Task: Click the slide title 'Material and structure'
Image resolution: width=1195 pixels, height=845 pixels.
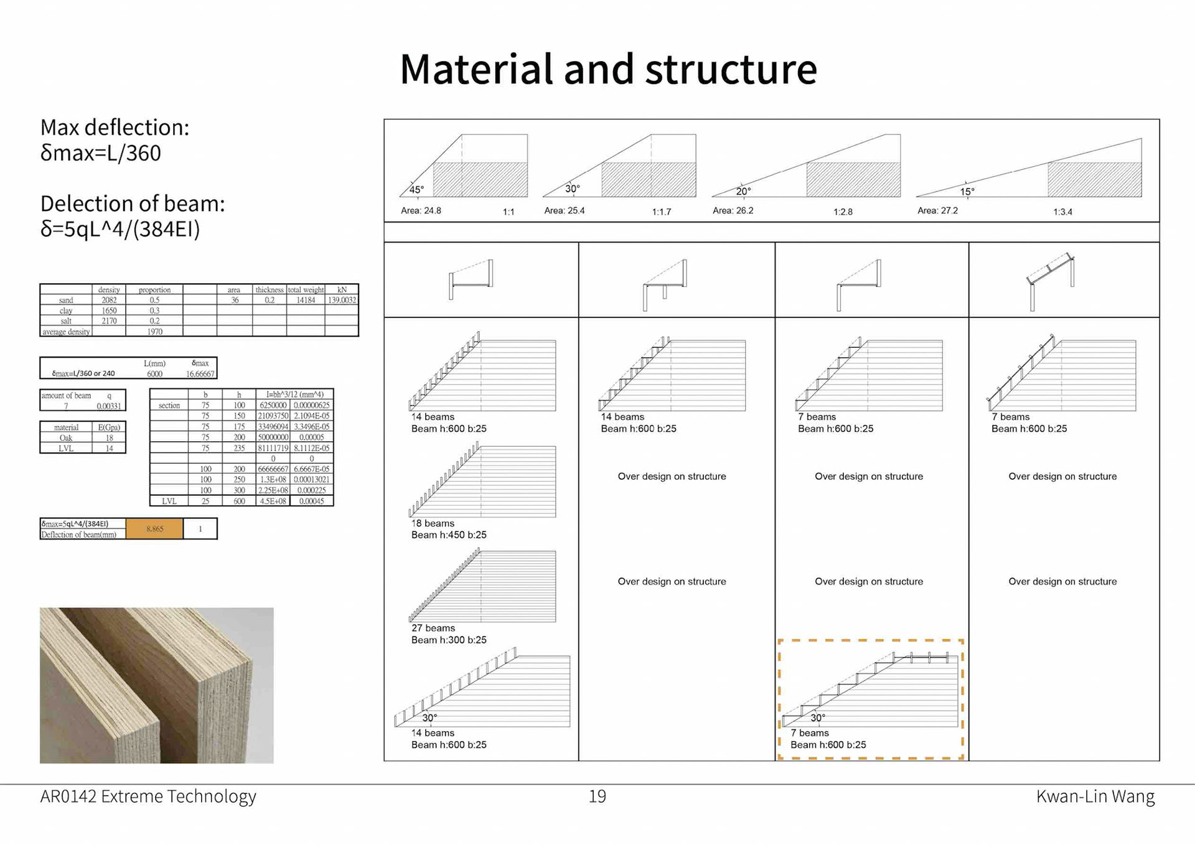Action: click(x=608, y=69)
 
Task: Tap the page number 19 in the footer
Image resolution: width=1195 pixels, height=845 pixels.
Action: click(x=597, y=796)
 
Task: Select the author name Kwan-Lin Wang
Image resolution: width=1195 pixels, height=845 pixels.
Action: click(x=1095, y=796)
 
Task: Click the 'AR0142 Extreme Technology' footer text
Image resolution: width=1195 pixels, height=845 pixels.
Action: click(x=148, y=796)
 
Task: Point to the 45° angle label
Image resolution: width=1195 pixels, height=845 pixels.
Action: click(x=416, y=189)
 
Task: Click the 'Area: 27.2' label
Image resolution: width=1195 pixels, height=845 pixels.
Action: click(x=937, y=210)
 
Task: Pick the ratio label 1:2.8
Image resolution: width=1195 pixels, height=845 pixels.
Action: click(x=843, y=212)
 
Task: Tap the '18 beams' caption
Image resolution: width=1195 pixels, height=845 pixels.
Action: click(x=433, y=523)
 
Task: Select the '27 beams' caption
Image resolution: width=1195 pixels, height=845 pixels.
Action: click(x=433, y=628)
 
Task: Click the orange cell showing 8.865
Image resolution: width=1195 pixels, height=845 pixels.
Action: click(x=154, y=529)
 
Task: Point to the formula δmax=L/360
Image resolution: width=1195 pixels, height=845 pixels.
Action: click(x=101, y=153)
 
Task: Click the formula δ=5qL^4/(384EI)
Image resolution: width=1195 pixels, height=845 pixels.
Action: click(x=120, y=229)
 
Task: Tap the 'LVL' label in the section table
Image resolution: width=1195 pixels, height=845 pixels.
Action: click(x=169, y=501)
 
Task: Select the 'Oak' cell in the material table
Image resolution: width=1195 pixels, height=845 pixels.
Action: click(x=66, y=438)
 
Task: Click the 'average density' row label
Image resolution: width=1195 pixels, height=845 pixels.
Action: click(x=66, y=332)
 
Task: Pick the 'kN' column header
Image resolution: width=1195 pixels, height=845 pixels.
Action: click(x=342, y=290)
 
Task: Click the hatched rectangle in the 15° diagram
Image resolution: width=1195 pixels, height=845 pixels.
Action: click(x=1094, y=180)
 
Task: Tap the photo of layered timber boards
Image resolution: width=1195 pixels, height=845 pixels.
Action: click(x=156, y=685)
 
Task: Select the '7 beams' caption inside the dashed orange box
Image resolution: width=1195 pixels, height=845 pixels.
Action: click(x=809, y=733)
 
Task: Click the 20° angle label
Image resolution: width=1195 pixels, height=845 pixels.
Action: click(x=743, y=191)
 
